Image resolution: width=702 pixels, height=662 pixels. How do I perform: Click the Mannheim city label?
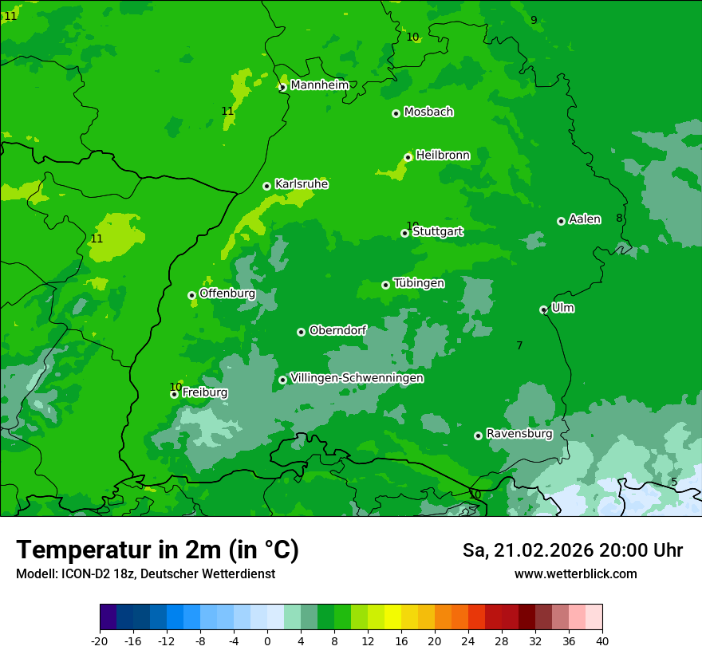(320, 85)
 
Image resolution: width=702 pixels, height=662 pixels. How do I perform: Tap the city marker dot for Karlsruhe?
(267, 186)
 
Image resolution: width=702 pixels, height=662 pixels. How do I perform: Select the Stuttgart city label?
(438, 232)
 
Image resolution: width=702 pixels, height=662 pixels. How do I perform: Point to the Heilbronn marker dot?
(408, 157)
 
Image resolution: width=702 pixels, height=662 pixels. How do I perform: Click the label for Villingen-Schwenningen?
(357, 378)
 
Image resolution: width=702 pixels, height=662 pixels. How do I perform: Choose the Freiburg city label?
(205, 392)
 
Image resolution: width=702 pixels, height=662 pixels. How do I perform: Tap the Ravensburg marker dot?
(479, 435)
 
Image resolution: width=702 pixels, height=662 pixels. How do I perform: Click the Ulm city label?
(562, 308)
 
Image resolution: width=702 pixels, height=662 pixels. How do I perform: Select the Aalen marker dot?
(561, 221)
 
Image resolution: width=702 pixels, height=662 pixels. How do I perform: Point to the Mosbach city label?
(428, 112)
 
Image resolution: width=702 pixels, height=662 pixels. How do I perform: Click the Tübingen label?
(419, 283)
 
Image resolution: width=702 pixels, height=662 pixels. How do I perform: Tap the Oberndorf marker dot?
(301, 332)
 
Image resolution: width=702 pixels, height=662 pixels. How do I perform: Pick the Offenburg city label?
(227, 294)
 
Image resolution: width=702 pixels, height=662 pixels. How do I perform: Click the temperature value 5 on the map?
(674, 482)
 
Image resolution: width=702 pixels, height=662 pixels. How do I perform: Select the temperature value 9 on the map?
(534, 20)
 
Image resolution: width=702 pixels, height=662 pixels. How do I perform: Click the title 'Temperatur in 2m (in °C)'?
(157, 550)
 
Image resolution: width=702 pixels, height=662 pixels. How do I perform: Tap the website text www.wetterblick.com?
(575, 573)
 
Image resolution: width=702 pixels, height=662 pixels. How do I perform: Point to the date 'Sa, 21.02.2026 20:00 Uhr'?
(572, 550)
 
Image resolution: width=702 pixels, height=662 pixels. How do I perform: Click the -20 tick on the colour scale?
(100, 640)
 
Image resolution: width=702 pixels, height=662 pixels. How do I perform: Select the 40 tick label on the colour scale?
(601, 640)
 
